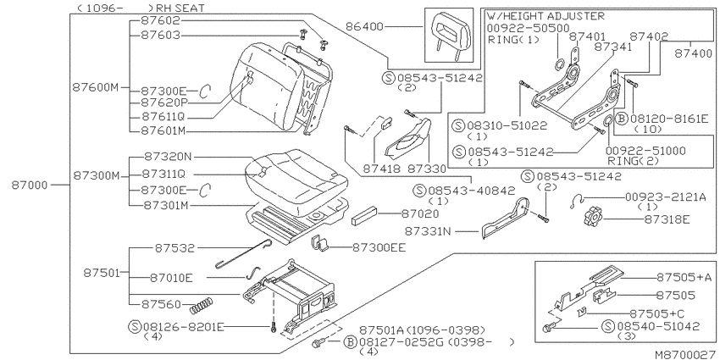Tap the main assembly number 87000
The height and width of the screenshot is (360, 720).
pyautogui.click(x=30, y=185)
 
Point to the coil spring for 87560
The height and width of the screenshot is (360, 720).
pyautogui.click(x=202, y=305)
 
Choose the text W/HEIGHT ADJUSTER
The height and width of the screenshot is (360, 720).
pyautogui.click(x=546, y=17)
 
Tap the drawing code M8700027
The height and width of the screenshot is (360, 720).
pyautogui.click(x=685, y=354)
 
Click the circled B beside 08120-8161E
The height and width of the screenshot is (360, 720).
pyautogui.click(x=621, y=119)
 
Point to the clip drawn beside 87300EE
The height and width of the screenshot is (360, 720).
pyautogui.click(x=323, y=243)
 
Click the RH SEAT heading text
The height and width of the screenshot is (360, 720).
pyautogui.click(x=180, y=8)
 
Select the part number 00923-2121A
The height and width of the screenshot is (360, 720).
pyautogui.click(x=665, y=197)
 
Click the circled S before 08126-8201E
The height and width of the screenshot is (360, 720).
pyautogui.click(x=135, y=327)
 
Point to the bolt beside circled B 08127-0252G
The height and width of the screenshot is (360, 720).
pyautogui.click(x=319, y=342)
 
